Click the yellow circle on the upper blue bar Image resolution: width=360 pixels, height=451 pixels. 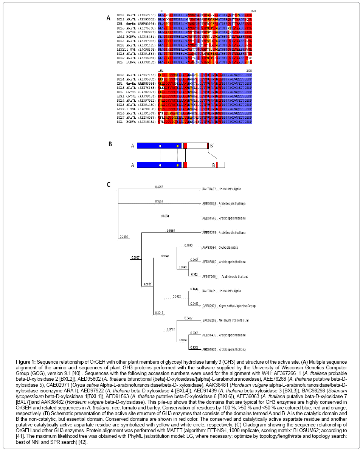point(177,146)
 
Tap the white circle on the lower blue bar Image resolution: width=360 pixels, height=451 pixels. point(160,165)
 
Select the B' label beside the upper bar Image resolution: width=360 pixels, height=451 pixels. point(213,146)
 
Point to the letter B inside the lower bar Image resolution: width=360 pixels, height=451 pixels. point(213,165)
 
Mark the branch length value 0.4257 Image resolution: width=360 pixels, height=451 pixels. point(159,187)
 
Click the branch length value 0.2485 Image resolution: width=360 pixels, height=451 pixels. point(123,237)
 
